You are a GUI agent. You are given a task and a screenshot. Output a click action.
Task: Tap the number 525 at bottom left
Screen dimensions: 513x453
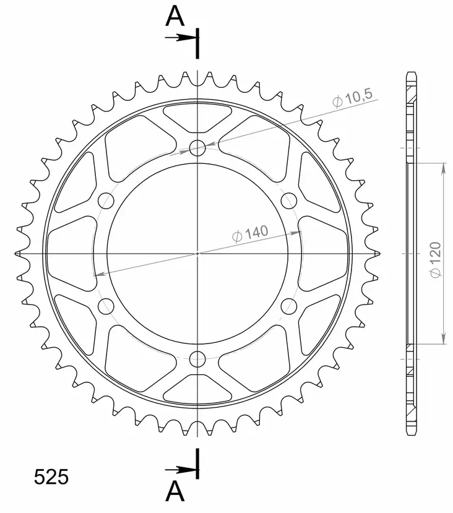pyautogui.click(x=51, y=477)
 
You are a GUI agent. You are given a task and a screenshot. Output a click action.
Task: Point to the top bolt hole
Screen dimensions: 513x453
pyautogui.click(x=197, y=148)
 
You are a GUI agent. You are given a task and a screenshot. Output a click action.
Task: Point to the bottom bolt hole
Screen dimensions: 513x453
pyautogui.click(x=197, y=358)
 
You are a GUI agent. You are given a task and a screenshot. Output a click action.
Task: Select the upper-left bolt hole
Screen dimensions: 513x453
pyautogui.click(x=106, y=200)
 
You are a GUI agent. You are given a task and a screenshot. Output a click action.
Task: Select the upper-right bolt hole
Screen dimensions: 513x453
pyautogui.click(x=289, y=200)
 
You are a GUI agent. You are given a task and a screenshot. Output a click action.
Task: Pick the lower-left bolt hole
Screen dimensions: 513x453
pyautogui.click(x=106, y=306)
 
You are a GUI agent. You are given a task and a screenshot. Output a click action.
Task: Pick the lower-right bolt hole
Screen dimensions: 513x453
pyautogui.click(x=289, y=306)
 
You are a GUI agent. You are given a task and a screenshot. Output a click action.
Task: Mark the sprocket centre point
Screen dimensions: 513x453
pyautogui.click(x=197, y=253)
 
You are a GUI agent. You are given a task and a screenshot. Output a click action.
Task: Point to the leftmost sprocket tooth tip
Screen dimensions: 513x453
pyautogui.click(x=15, y=253)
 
